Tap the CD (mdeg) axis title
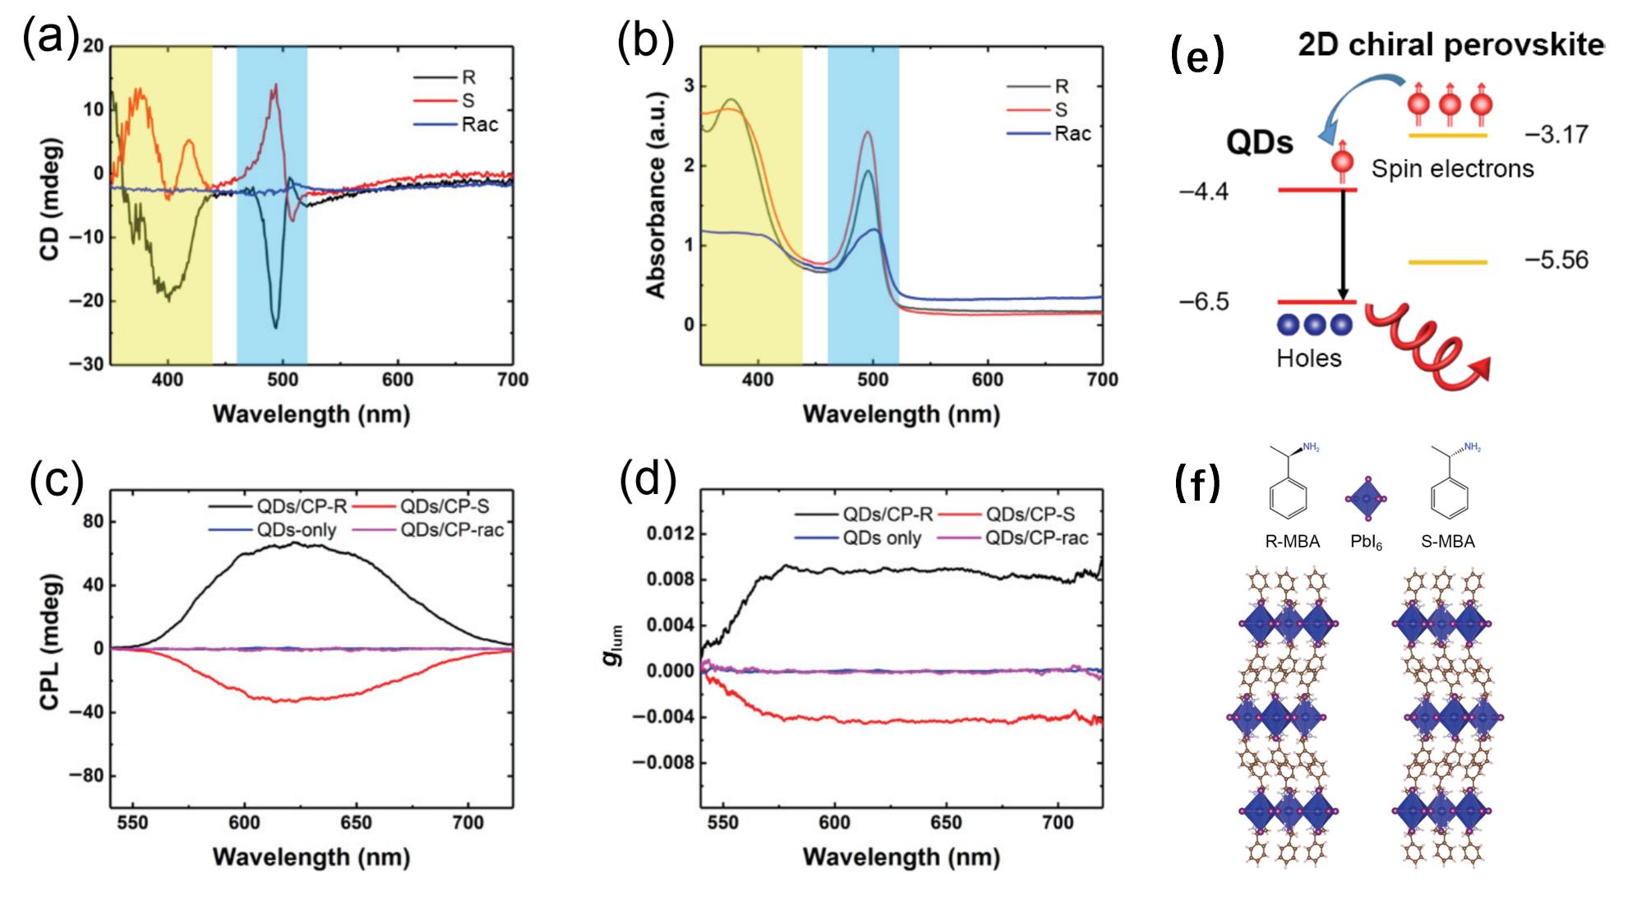coord(51,205)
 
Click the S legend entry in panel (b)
coord(1061,110)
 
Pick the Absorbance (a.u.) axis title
coord(655,195)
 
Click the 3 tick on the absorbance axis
coord(689,86)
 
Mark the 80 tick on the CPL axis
coord(93,522)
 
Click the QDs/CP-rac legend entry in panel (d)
coord(1036,538)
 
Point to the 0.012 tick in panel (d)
coord(670,534)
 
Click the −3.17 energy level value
coord(1556,135)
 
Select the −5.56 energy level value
coord(1556,261)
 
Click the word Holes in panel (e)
coord(1308,358)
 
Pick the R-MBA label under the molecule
coord(1292,542)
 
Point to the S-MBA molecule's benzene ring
coord(1449,498)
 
